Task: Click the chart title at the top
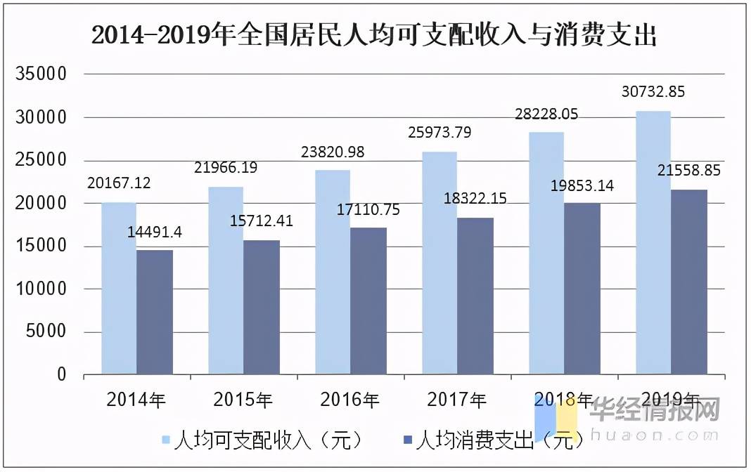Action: pos(374,35)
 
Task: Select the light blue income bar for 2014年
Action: pos(119,289)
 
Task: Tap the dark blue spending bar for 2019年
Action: pos(688,282)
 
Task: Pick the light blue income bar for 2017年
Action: pos(439,263)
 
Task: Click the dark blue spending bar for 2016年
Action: pos(368,301)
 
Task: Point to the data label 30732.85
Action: pos(653,91)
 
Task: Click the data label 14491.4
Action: pos(154,232)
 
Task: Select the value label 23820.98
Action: pos(333,152)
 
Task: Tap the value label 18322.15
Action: pos(475,198)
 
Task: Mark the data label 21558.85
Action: pos(688,170)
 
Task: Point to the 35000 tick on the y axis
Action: pos(41,74)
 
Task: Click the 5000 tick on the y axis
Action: pos(46,331)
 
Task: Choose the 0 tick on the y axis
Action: pos(62,374)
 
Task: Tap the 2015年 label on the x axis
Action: pos(243,400)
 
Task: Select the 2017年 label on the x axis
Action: pos(456,400)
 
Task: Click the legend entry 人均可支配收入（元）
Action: pos(263,440)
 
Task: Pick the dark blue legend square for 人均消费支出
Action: pos(408,440)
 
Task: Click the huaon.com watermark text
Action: pos(654,435)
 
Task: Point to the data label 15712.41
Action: pos(261,221)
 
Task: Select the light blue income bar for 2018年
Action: pos(546,254)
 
